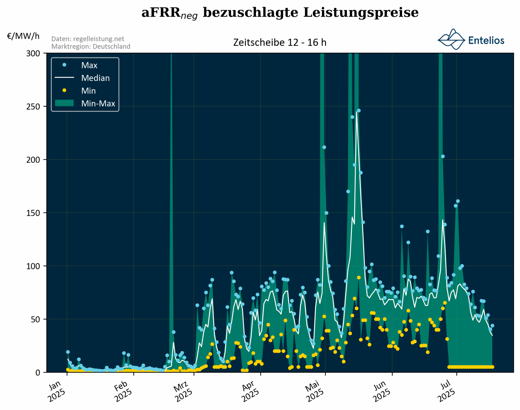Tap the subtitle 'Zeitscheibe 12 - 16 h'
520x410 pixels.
tap(279, 42)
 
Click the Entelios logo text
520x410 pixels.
tap(486, 40)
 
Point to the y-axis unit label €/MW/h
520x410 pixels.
tap(23, 36)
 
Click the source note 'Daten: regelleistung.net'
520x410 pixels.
tap(88, 39)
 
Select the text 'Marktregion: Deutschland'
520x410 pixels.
tap(91, 46)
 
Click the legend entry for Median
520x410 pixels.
tap(95, 78)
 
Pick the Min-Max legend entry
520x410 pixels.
tap(98, 103)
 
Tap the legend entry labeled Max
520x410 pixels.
tap(89, 65)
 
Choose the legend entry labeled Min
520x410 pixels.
tap(88, 91)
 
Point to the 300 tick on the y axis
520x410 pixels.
tap(33, 53)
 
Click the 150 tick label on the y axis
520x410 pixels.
tap(33, 213)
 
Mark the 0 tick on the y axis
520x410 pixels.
tap(38, 372)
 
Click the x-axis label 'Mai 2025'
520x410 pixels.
tap(315, 391)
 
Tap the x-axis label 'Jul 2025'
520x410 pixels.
tap(446, 391)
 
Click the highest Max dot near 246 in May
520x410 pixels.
tap(359, 111)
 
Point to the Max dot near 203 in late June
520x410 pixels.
tap(443, 157)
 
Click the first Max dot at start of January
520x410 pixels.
tap(68, 352)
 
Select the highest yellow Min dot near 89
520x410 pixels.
tap(359, 278)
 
